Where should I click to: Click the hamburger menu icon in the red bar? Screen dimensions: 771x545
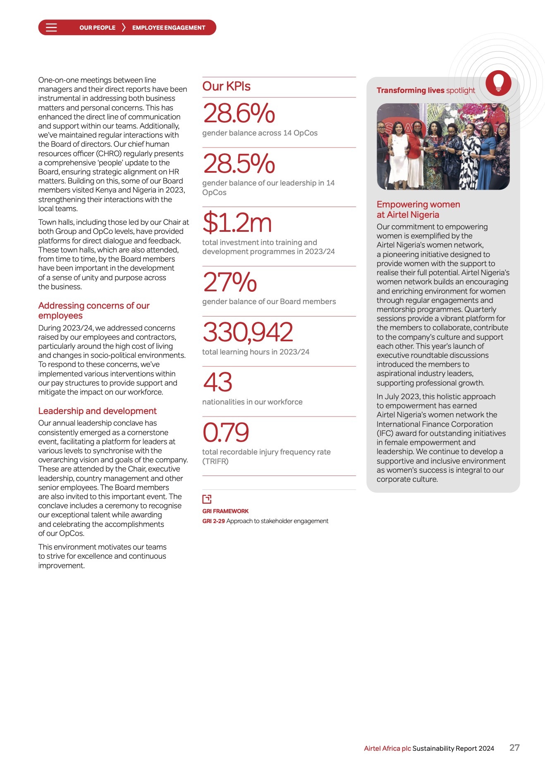tap(51, 28)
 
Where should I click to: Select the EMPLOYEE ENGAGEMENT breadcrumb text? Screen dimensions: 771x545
tap(168, 28)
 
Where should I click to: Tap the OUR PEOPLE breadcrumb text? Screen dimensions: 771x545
tap(97, 28)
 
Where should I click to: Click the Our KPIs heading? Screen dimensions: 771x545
tap(226, 86)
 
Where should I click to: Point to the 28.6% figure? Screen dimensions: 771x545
tap(239, 114)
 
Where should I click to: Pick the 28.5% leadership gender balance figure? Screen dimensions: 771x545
tap(239, 164)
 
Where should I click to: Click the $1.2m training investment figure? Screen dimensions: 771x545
tap(237, 223)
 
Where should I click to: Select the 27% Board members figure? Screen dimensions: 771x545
tap(229, 282)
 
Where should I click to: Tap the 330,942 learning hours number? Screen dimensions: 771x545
tap(248, 332)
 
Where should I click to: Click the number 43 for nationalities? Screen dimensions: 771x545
tap(218, 382)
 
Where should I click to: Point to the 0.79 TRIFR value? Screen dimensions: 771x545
tap(225, 432)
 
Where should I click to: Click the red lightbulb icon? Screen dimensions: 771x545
tap(498, 83)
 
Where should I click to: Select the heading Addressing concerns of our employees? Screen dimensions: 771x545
tap(94, 310)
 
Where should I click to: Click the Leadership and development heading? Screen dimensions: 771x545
tap(97, 411)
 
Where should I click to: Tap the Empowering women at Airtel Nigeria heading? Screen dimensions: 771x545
tap(418, 209)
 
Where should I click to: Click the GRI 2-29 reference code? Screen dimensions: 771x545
tap(213, 521)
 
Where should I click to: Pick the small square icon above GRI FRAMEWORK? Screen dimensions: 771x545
tap(207, 499)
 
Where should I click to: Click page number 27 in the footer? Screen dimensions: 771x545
tap(514, 747)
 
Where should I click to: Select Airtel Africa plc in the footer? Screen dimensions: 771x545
tap(387, 748)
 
